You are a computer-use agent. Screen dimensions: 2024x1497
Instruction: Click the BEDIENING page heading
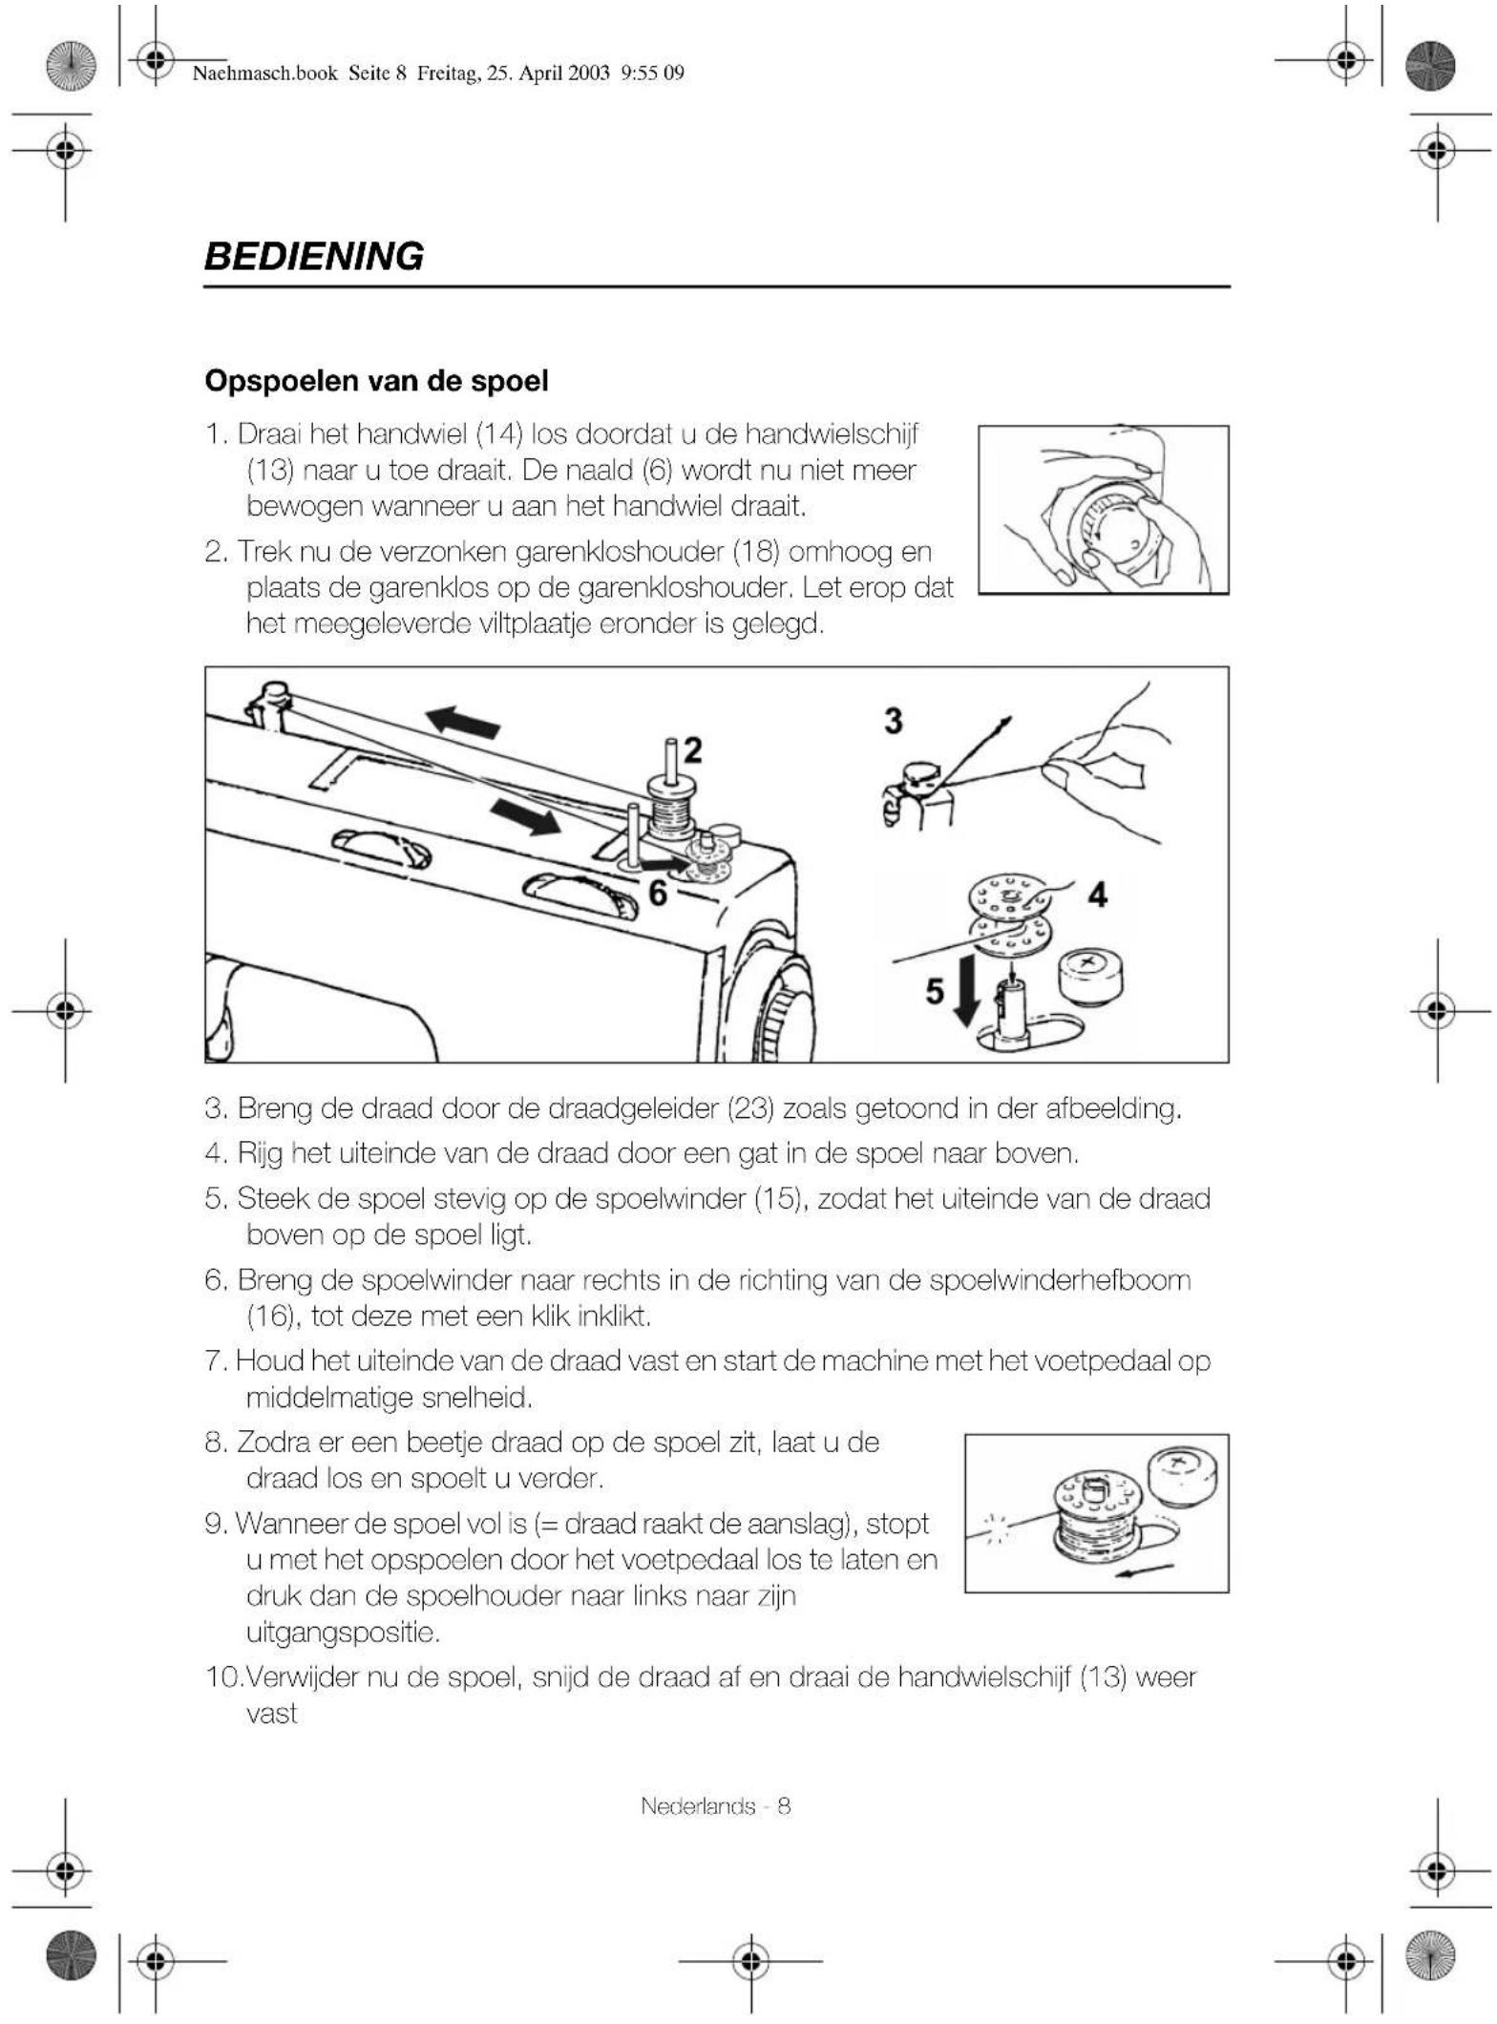[x=314, y=257]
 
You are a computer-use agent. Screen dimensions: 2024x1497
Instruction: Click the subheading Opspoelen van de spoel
[x=376, y=381]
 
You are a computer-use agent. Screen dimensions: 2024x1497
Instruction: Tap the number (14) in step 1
[x=499, y=434]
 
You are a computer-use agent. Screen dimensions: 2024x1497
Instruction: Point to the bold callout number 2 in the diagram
[x=692, y=750]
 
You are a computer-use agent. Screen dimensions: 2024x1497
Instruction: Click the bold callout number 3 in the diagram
[x=893, y=721]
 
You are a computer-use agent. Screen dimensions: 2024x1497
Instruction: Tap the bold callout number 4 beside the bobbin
[x=1097, y=895]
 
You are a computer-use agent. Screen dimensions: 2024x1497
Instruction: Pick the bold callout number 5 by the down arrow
[x=935, y=991]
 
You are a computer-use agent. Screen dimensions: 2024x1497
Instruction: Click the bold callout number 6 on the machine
[x=657, y=893]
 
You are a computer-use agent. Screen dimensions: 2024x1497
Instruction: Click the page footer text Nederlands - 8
[x=715, y=1806]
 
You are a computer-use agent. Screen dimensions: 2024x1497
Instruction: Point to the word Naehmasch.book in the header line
[x=265, y=74]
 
